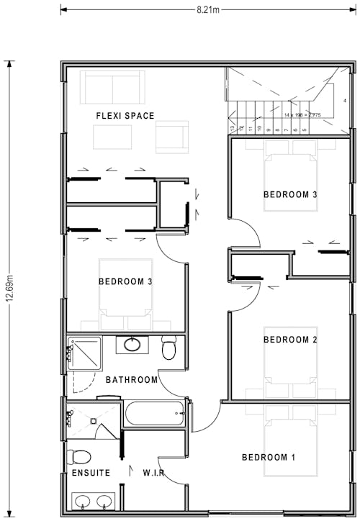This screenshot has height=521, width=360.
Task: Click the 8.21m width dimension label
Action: tap(208, 10)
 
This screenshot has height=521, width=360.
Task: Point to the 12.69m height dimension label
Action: tap(9, 289)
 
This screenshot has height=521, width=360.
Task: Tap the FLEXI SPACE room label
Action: tap(125, 116)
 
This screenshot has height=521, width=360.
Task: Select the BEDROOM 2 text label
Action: tap(290, 340)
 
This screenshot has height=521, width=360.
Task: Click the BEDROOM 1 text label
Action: tap(269, 458)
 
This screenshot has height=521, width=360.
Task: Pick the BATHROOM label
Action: tap(131, 380)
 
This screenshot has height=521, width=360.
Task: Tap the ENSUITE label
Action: tap(91, 473)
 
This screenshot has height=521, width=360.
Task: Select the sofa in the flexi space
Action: tap(112, 87)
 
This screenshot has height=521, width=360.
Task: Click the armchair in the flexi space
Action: tap(172, 137)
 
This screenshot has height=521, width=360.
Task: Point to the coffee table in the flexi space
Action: tap(112, 137)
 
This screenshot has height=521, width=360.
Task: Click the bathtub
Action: tap(155, 415)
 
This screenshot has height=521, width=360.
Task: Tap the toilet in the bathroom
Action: tap(169, 348)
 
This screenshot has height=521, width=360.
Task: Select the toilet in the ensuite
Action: tap(78, 457)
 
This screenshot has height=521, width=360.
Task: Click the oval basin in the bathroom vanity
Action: tap(132, 344)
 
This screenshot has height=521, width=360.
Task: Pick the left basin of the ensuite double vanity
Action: tap(83, 501)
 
